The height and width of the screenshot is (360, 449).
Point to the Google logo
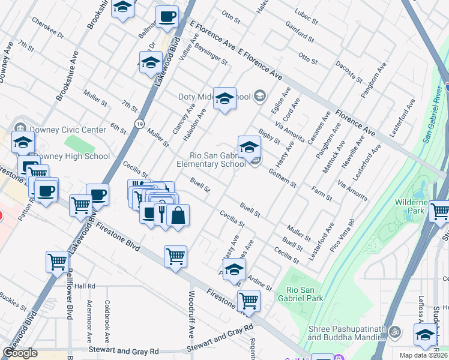pyautogui.click(x=20, y=353)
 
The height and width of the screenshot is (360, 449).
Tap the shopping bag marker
pyautogui.click(x=178, y=215)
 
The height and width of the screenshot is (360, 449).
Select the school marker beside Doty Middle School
pyautogui.click(x=224, y=98)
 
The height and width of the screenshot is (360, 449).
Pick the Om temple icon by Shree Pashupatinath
pyautogui.click(x=394, y=331)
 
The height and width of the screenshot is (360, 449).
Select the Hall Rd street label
pyautogui.click(x=85, y=286)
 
